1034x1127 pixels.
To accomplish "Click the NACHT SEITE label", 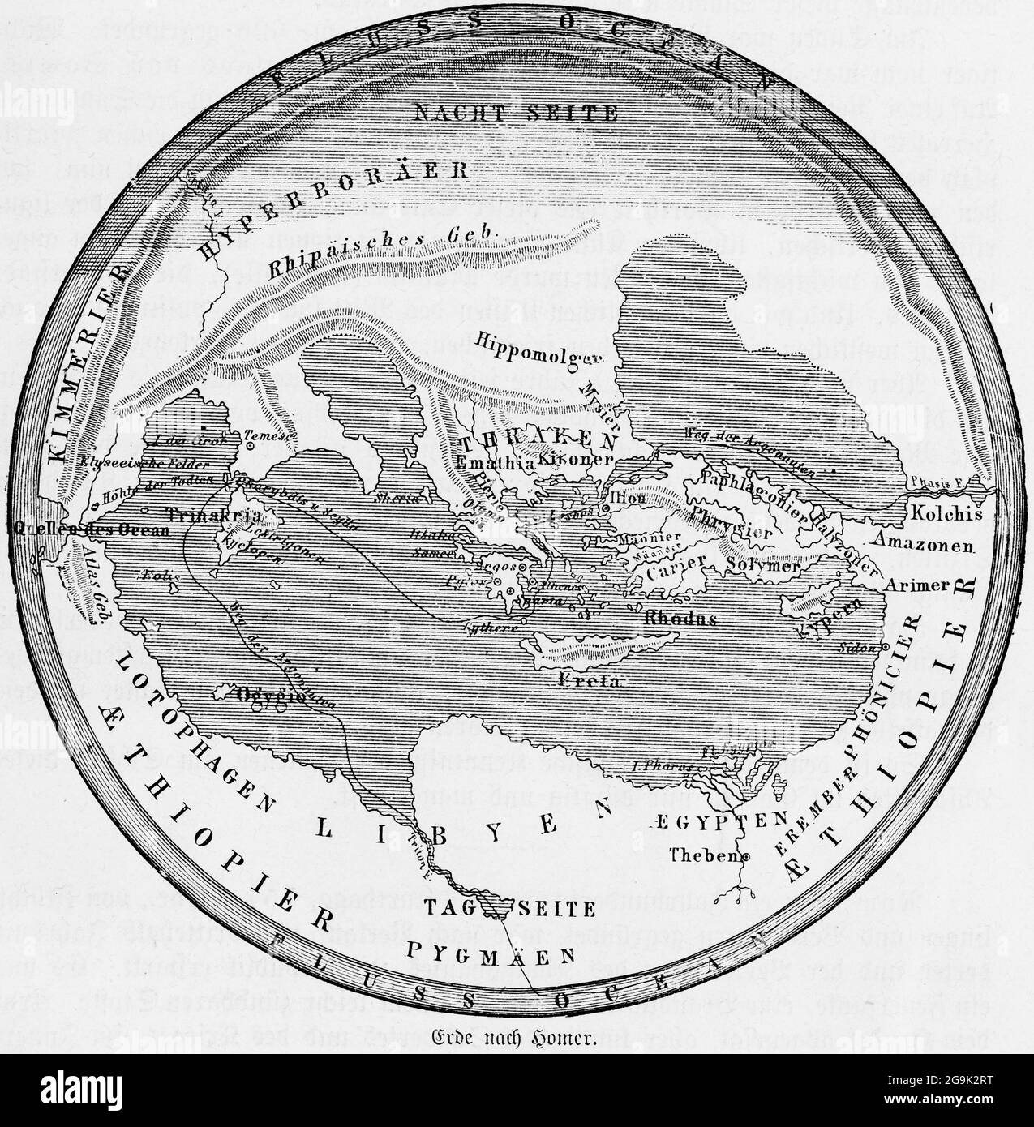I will pos(515,113).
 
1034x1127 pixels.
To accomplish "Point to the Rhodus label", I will pos(680,619).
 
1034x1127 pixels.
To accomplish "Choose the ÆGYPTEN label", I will pos(712,820).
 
